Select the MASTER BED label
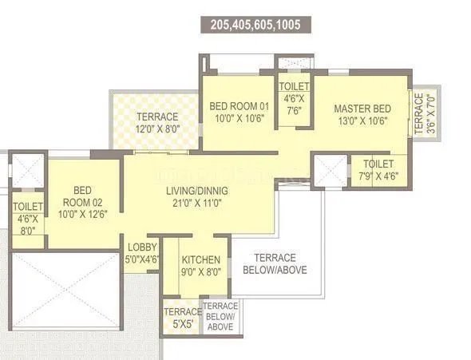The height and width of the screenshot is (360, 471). click(362, 108)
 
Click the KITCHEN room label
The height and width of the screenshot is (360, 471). click(200, 260)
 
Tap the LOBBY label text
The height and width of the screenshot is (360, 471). click(141, 247)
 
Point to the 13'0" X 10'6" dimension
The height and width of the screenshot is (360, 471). click(362, 122)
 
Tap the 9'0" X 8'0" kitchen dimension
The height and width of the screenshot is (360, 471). click(201, 273)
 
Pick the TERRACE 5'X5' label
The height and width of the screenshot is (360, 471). click(181, 317)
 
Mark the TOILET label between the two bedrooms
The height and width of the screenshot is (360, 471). click(294, 87)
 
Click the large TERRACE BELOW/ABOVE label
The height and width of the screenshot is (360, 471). click(275, 263)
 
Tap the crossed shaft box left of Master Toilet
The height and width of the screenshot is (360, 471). click(328, 170)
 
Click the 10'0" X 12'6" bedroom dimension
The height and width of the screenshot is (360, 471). click(82, 213)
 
